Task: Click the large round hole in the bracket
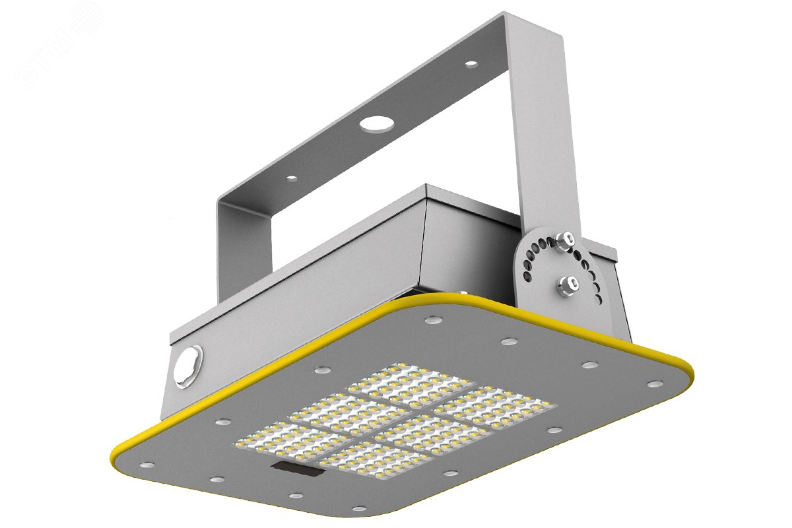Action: pyautogui.click(x=375, y=123)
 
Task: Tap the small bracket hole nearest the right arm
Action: pyautogui.click(x=471, y=64)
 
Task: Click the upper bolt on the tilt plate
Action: pyautogui.click(x=565, y=240)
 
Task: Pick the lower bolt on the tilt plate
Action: pyautogui.click(x=566, y=284)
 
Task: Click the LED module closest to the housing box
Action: pyautogui.click(x=412, y=383)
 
